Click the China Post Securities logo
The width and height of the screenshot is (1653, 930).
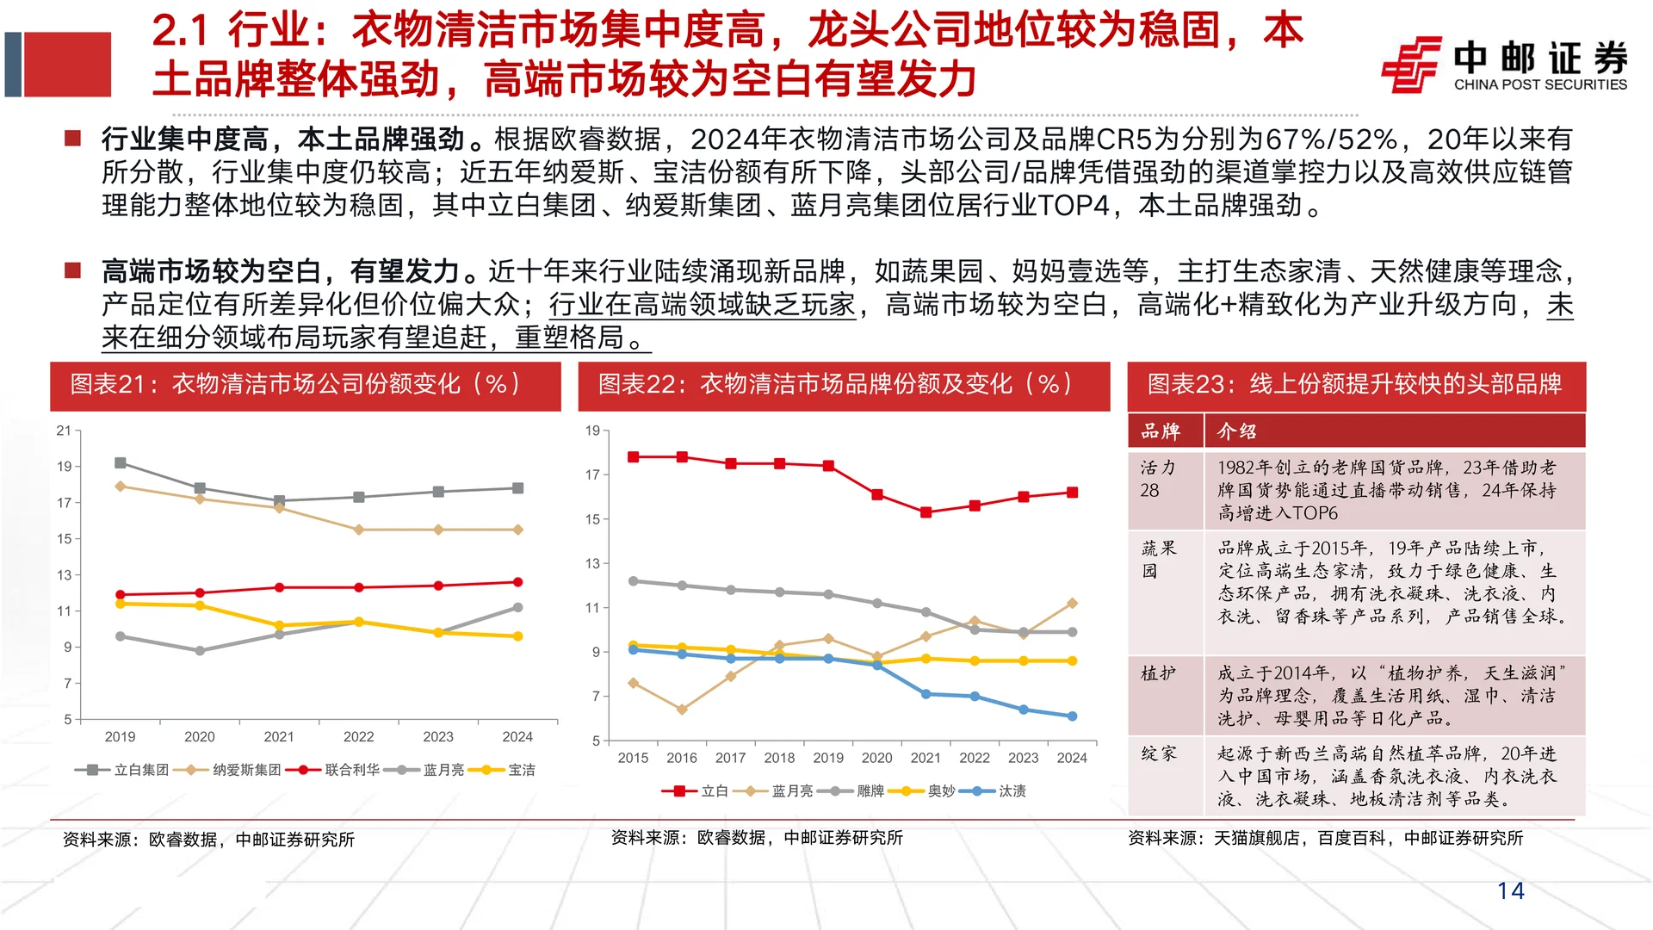click(1504, 64)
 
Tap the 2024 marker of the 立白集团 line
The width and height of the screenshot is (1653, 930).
click(517, 488)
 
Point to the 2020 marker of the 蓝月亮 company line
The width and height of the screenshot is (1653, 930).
click(200, 651)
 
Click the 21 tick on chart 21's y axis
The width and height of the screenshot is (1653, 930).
click(64, 431)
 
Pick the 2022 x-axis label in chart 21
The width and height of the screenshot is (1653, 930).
click(358, 737)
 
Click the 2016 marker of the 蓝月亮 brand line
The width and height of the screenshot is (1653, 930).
click(682, 710)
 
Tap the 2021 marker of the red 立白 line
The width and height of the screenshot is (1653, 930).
click(926, 512)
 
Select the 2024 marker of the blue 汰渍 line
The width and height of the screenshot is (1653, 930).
click(1072, 716)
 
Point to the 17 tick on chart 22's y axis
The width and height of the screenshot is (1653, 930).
click(592, 474)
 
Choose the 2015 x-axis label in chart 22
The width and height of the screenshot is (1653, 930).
click(633, 758)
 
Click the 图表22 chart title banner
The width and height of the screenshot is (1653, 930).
click(844, 385)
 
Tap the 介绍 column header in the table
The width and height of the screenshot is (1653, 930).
click(1236, 431)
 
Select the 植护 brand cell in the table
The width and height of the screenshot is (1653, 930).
click(1158, 673)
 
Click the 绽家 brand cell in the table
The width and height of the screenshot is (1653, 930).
click(1158, 753)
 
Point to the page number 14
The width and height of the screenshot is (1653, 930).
click(1510, 890)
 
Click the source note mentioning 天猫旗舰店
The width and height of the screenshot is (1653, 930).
click(1325, 838)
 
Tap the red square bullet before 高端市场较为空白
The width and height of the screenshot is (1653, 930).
click(73, 271)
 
